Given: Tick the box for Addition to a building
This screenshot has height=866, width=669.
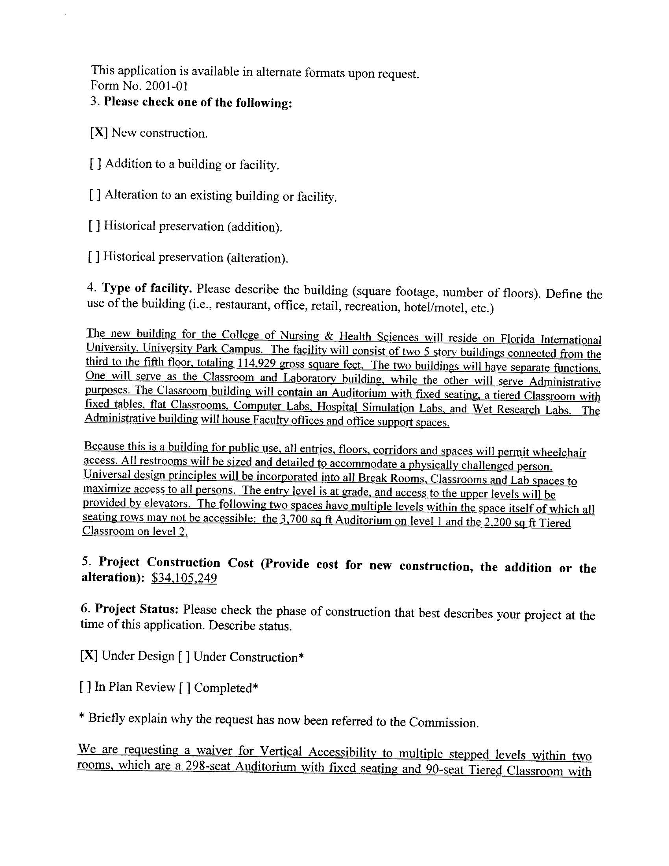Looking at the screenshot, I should tap(95, 163).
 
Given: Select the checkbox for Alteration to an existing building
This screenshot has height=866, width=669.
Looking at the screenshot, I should tap(95, 194).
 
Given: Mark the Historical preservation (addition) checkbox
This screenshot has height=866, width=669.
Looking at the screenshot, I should tap(94, 226).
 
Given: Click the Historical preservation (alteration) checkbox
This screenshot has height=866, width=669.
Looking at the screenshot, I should tap(94, 257).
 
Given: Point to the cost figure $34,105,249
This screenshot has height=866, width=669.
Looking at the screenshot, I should tap(184, 578).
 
